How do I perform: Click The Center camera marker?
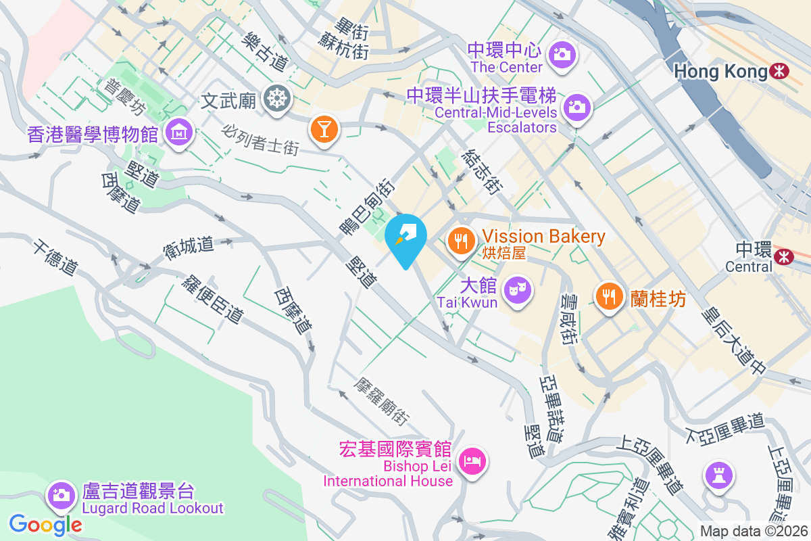click(x=562, y=52)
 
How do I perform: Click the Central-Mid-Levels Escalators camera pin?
click(x=576, y=106)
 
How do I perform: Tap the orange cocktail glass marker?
click(x=324, y=128)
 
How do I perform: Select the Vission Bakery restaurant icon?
click(x=462, y=239)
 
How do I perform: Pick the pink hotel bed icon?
click(x=472, y=462)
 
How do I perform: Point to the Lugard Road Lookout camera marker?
click(x=61, y=494)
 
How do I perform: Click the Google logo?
click(x=45, y=524)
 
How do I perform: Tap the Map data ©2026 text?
click(x=753, y=532)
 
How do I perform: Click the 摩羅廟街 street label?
click(x=382, y=401)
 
